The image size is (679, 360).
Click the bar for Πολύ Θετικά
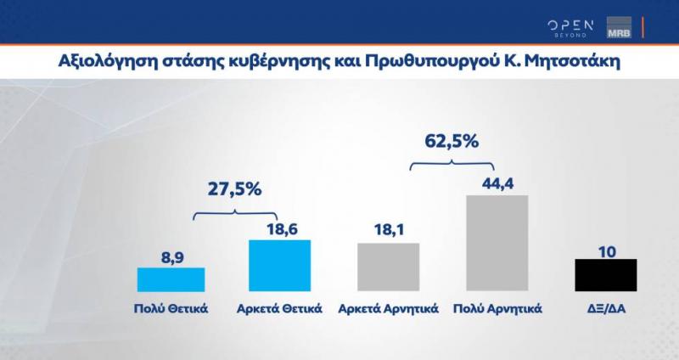pyautogui.click(x=171, y=279)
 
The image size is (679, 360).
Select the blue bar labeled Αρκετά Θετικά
pyautogui.click(x=279, y=266)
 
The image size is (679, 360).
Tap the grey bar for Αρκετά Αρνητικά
pyautogui.click(x=388, y=267)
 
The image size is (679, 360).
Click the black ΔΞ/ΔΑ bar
pyautogui.click(x=605, y=275)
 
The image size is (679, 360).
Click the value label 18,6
pyautogui.click(x=279, y=227)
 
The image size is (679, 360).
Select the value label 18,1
pyautogui.click(x=388, y=230)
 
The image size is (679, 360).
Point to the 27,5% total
pyautogui.click(x=235, y=190)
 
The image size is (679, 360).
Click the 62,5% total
pyautogui.click(x=452, y=138)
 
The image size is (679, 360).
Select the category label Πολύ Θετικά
pyautogui.click(x=171, y=307)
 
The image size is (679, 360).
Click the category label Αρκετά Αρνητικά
pyautogui.click(x=388, y=307)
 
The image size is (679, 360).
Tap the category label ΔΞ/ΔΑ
pyautogui.click(x=605, y=307)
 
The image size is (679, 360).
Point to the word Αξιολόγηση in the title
pyautogui.click(x=102, y=63)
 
